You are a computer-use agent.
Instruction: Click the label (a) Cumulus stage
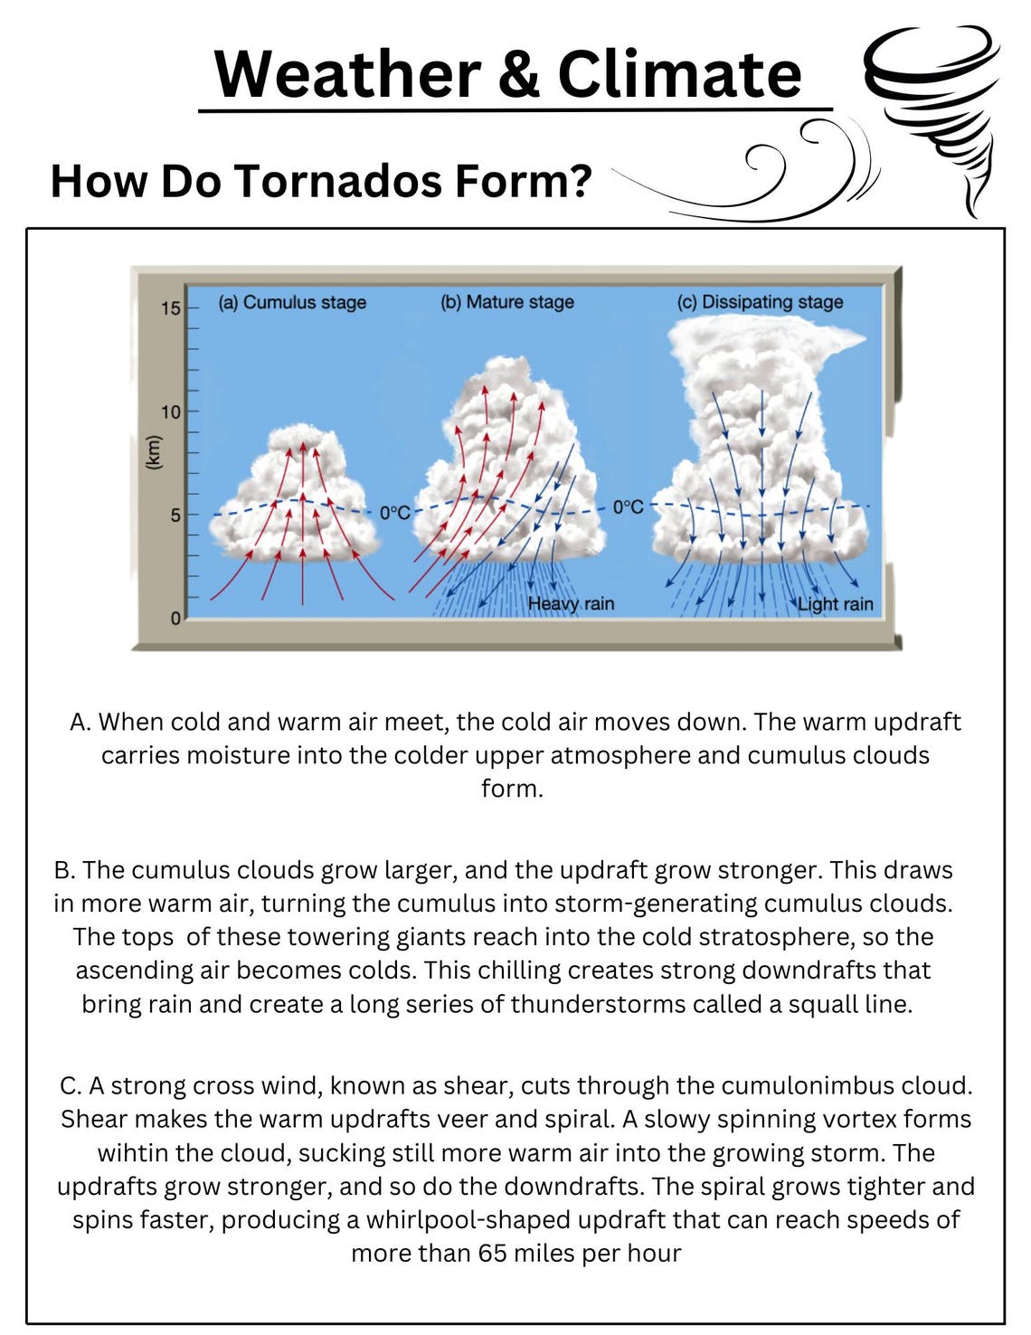pos(291,302)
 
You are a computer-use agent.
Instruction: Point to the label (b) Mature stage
pos(506,302)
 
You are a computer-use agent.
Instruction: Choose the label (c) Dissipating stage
pos(760,302)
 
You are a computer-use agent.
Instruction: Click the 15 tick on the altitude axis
pos(171,309)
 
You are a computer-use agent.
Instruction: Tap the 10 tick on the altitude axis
pos(171,412)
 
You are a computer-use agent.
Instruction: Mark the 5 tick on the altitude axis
pos(175,516)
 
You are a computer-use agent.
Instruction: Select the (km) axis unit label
pos(153,452)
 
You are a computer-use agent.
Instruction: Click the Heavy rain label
pos(571,603)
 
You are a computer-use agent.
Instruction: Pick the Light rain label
pos(835,604)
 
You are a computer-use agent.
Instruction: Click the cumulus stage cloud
pos(294,507)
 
